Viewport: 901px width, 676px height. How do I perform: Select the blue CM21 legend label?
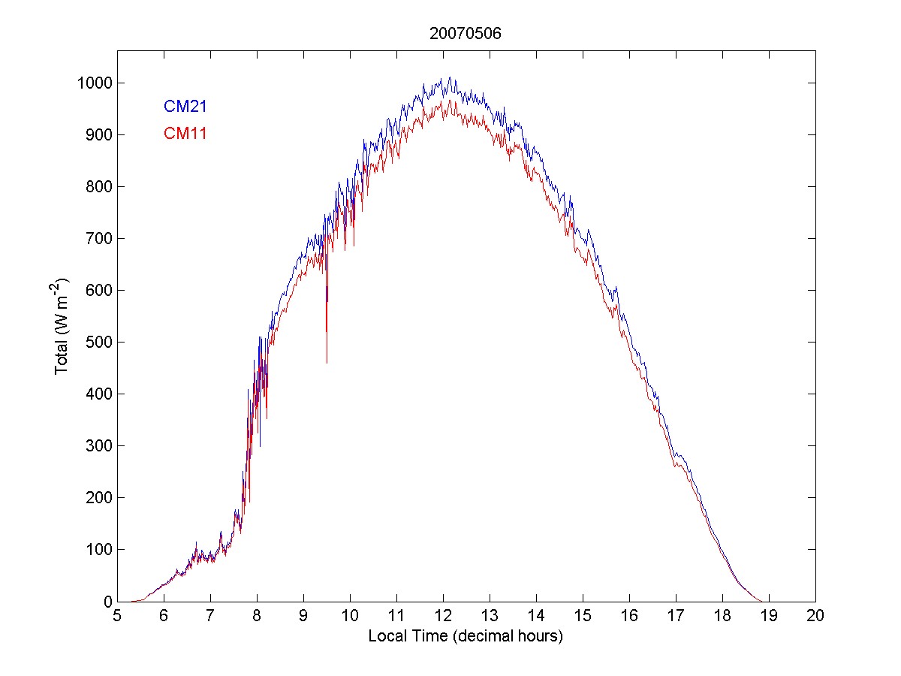click(x=185, y=107)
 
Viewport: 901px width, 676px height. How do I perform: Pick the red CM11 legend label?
click(x=185, y=134)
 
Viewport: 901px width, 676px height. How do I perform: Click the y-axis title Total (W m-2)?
click(x=62, y=327)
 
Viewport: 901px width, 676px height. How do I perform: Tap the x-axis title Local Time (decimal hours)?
click(x=466, y=636)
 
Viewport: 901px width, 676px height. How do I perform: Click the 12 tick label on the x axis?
click(x=443, y=616)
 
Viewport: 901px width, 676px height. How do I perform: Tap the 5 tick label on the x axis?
click(x=117, y=616)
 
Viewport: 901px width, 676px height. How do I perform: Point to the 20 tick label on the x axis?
click(x=815, y=616)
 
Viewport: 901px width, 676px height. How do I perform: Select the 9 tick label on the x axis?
click(x=303, y=616)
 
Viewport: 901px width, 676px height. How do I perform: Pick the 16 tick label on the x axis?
click(x=629, y=616)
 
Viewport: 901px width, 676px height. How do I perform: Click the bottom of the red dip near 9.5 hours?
click(x=327, y=363)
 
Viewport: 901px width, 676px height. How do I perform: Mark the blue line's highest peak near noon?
click(x=449, y=77)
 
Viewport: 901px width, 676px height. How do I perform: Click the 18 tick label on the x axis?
click(x=722, y=616)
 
